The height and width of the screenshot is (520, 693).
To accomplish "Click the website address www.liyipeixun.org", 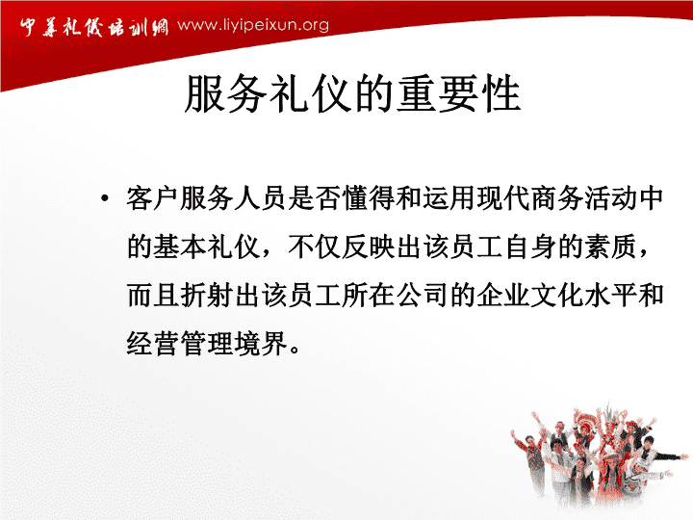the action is tap(253, 25).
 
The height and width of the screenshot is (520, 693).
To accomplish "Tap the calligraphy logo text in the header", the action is tap(93, 27).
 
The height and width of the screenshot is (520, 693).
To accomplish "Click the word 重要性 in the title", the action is tap(458, 93).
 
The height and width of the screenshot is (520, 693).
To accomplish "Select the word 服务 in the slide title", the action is tap(226, 93).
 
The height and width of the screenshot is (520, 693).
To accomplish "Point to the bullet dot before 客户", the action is tap(104, 198).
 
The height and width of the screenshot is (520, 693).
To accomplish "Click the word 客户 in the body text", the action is tap(153, 198).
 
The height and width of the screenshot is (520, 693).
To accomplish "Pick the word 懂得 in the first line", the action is tap(369, 198).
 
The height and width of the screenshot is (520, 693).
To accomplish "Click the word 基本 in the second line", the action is tap(180, 247).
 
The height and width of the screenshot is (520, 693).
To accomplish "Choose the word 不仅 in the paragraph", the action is tap(315, 247).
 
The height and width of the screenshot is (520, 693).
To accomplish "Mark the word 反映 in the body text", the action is tap(369, 247).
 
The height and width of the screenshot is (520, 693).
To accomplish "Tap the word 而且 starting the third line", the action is tap(153, 295).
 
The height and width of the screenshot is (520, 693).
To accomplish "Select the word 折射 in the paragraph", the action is tap(207, 295).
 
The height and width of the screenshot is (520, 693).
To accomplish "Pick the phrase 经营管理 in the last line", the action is tap(180, 343).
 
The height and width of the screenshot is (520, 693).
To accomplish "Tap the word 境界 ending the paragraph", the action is tap(261, 343).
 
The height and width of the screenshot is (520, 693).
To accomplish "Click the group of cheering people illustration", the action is tap(597, 455).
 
